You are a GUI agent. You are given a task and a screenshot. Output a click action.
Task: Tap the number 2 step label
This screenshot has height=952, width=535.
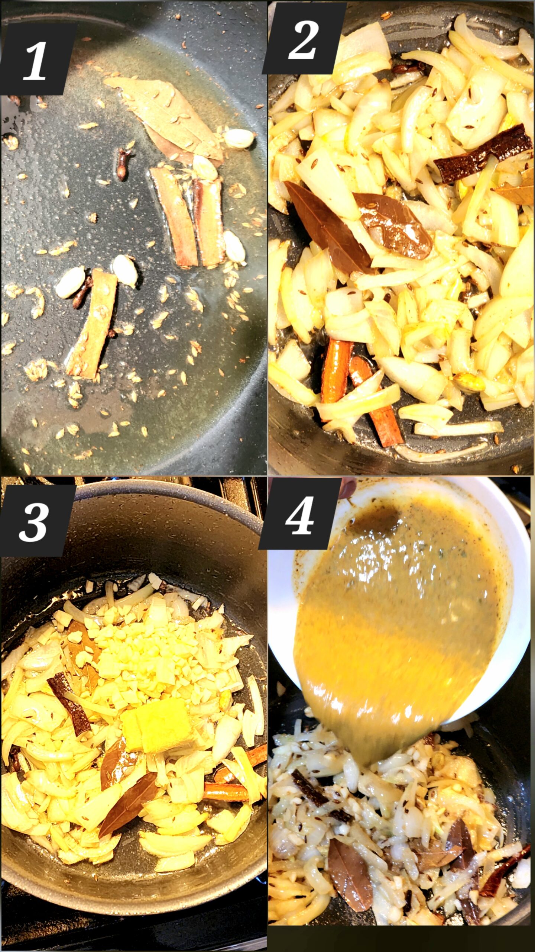(x=303, y=40)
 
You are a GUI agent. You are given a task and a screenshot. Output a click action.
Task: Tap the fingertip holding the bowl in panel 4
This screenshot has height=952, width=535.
(x=347, y=488)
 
